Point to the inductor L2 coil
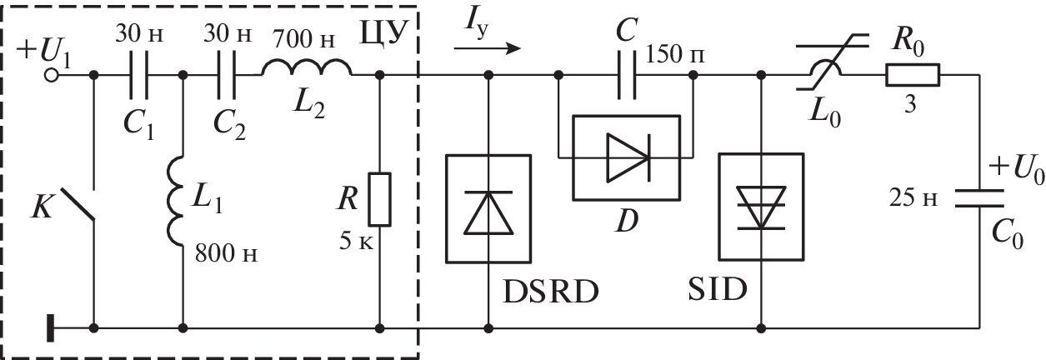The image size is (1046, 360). (x=307, y=69)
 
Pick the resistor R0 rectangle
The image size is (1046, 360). (x=913, y=77)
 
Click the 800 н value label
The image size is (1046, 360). (x=226, y=253)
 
